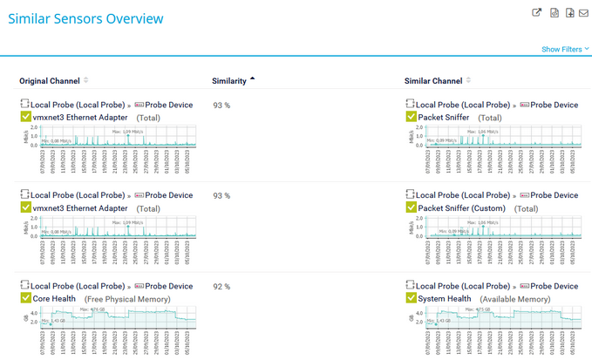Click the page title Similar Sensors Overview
[85, 18]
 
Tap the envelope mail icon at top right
[583, 13]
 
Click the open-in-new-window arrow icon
[537, 13]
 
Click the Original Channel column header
[50, 81]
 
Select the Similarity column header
[229, 81]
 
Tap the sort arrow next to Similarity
[253, 80]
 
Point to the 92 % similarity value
[221, 286]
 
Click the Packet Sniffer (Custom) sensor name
[464, 208]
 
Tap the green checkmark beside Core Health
[25, 298]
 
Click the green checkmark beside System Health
[412, 298]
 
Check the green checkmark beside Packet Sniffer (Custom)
[412, 208]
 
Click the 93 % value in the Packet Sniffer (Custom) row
[221, 195]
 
